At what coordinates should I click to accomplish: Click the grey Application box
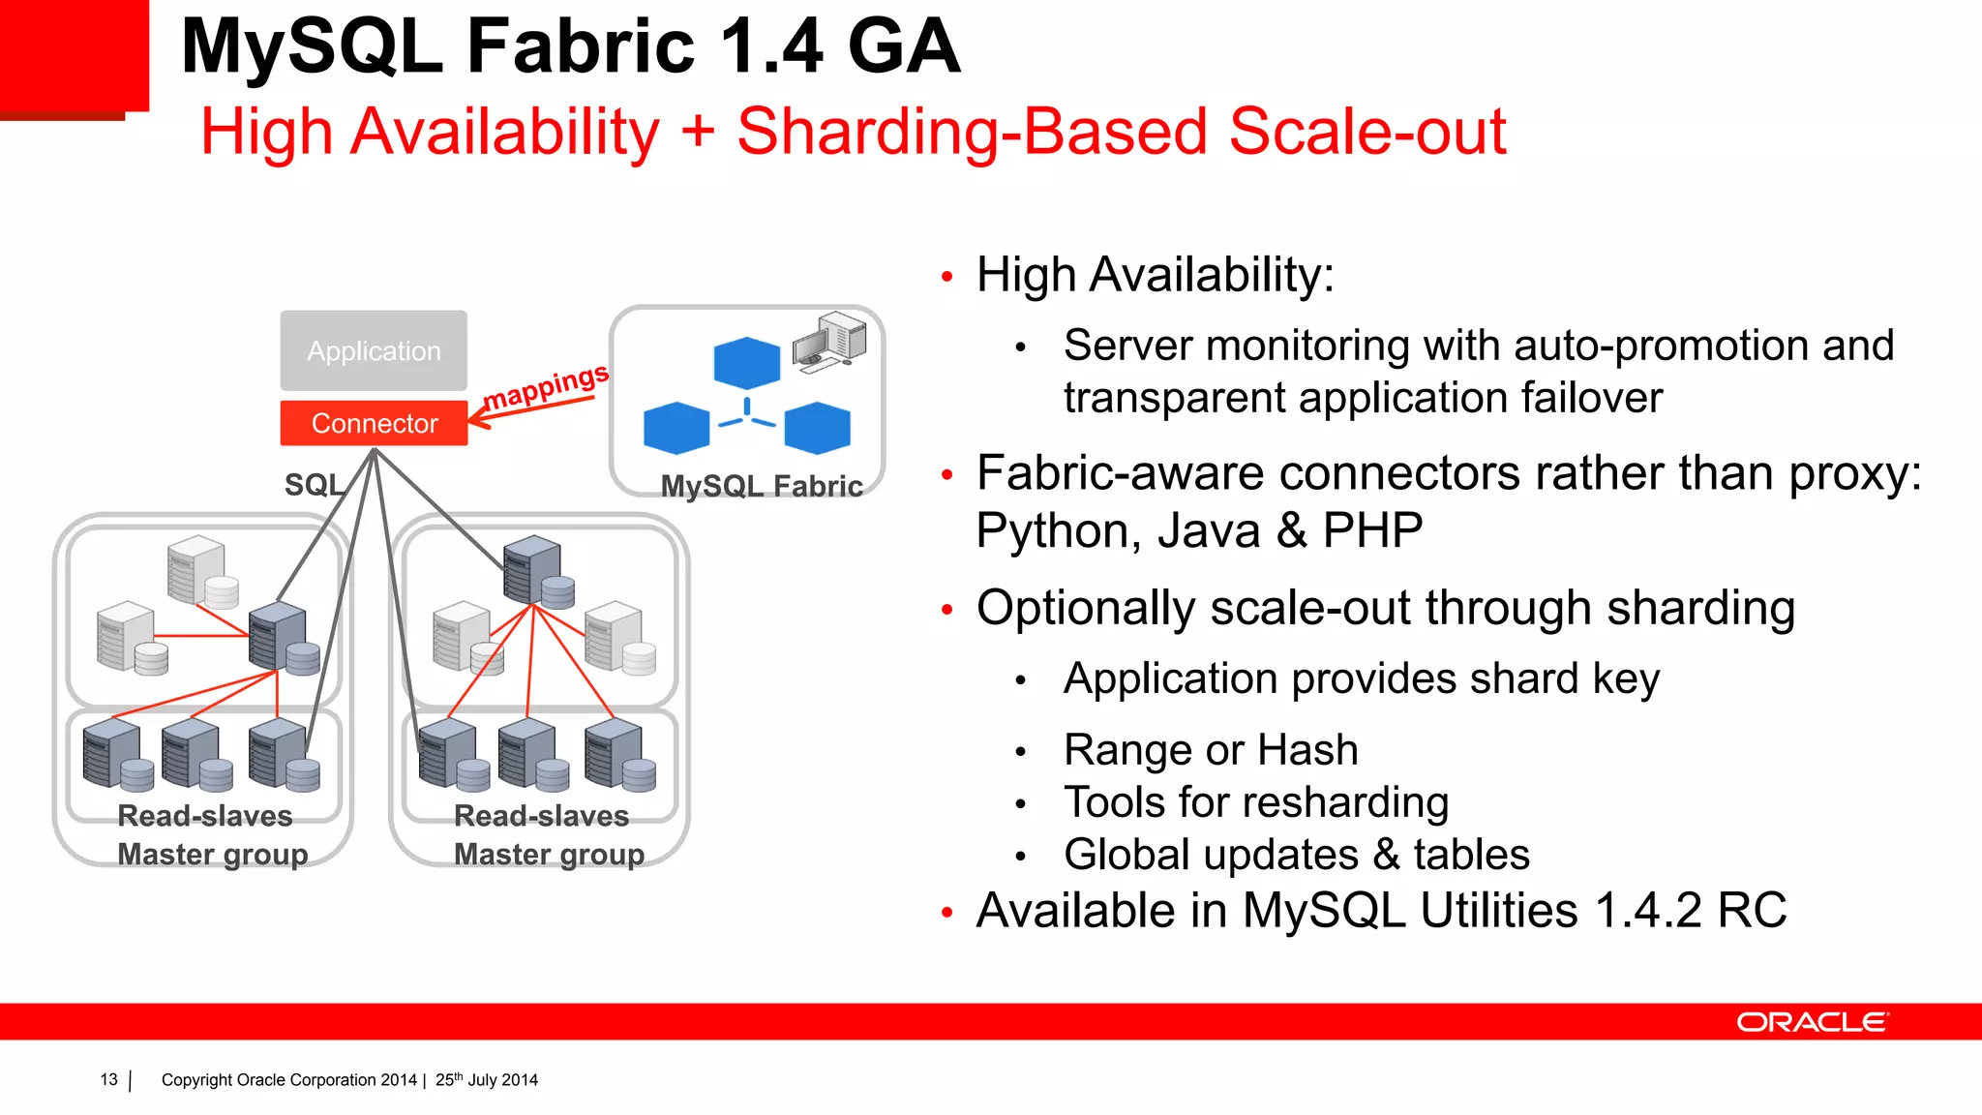point(374,350)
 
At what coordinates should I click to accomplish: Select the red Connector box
point(374,423)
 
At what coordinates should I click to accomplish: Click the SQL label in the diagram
point(313,484)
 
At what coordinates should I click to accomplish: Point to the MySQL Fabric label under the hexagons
point(762,486)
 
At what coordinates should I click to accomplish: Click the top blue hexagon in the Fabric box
point(746,363)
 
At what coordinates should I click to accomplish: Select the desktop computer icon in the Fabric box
point(829,340)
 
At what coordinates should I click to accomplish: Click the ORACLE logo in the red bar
point(1812,1022)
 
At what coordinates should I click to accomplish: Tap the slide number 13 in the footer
point(108,1079)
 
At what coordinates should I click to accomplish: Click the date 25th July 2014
point(486,1079)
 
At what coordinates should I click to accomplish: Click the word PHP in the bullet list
point(1372,530)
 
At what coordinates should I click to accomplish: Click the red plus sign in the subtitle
point(698,132)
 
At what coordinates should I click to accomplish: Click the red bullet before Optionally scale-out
point(947,610)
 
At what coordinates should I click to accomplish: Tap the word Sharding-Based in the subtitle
point(972,132)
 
